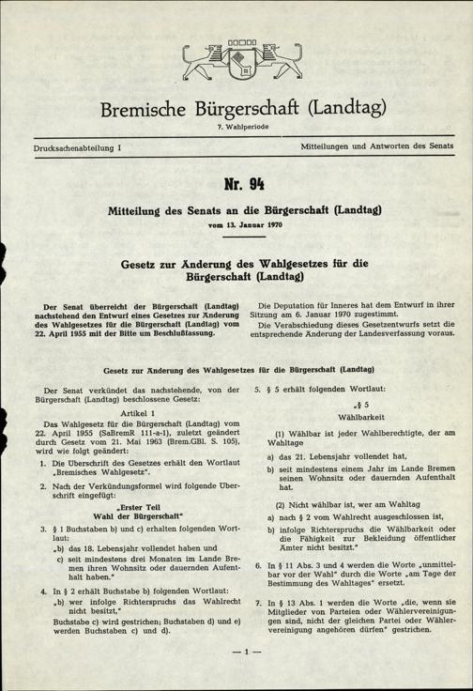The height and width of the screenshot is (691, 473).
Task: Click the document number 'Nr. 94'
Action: [x=236, y=183]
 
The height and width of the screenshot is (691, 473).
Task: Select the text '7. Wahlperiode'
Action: [x=236, y=127]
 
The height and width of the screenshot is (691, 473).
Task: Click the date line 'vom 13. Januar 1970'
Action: [x=236, y=224]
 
